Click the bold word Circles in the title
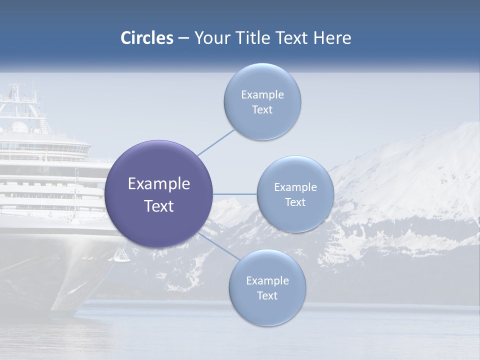click(147, 38)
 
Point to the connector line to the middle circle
click(235, 194)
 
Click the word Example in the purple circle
click(159, 184)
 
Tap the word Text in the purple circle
click(159, 206)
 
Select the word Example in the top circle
click(262, 95)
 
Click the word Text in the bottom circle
click(267, 295)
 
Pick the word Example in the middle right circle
click(295, 187)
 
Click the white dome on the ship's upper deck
click(19, 127)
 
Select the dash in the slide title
click(183, 38)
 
